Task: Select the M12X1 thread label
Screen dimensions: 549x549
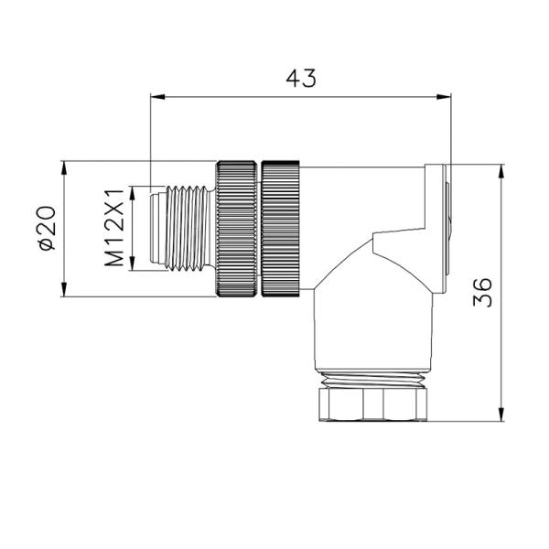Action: point(114,229)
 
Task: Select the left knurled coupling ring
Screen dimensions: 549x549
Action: point(237,230)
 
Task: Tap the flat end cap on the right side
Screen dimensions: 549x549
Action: point(445,229)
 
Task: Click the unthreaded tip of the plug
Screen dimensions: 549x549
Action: point(155,229)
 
